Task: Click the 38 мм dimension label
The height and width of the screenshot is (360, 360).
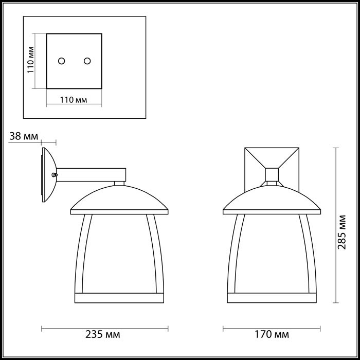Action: click(x=24, y=136)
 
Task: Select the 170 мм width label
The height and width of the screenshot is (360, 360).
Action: click(x=271, y=335)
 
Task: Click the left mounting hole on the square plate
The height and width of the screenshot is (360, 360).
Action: click(x=61, y=61)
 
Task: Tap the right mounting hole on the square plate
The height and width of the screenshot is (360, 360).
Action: click(x=87, y=61)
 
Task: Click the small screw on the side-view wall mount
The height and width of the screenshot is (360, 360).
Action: click(x=54, y=174)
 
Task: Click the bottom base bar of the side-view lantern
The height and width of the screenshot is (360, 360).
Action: click(x=119, y=298)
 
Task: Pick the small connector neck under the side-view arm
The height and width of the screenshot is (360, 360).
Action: click(x=119, y=183)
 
